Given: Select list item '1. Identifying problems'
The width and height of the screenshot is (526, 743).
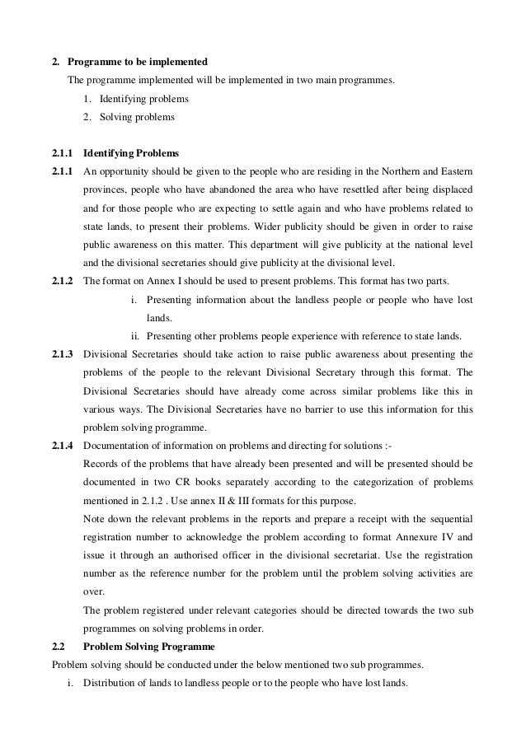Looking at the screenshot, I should (136, 99).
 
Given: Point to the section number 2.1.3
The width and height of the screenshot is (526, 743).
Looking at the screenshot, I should (62, 353).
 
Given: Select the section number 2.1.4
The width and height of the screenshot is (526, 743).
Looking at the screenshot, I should (62, 446).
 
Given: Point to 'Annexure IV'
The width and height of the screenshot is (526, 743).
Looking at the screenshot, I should (436, 537).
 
